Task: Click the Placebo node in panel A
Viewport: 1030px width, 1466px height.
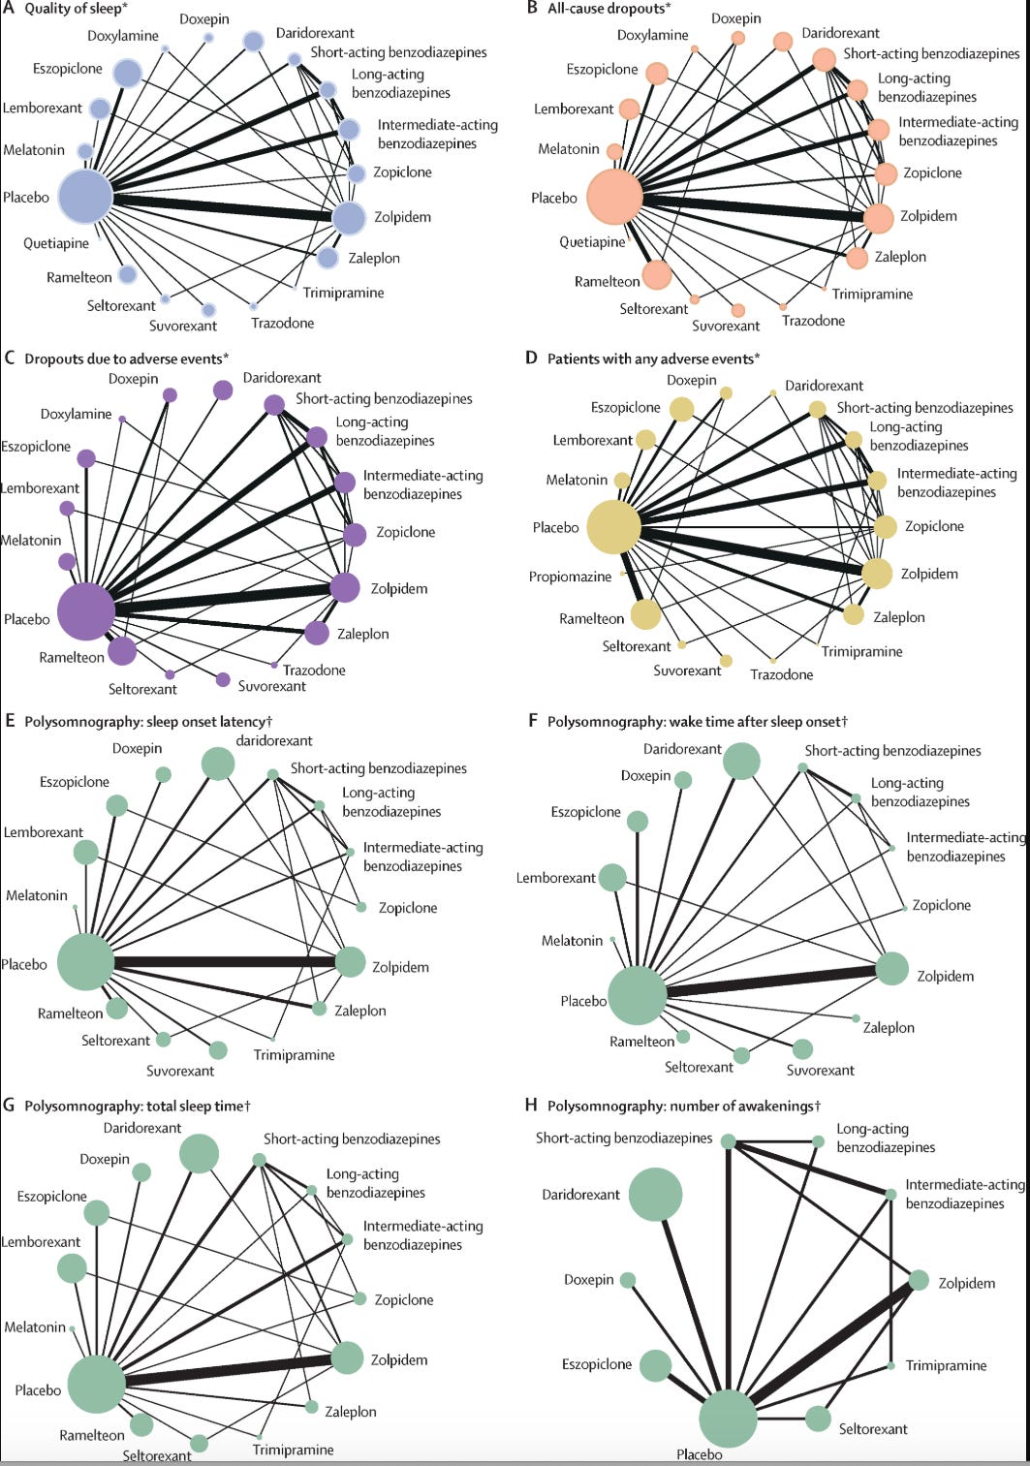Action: (85, 197)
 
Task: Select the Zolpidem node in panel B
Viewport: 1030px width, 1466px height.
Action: (878, 218)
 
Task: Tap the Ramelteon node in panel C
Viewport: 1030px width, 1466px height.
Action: (122, 650)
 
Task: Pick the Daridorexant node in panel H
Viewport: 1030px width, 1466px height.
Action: (655, 1194)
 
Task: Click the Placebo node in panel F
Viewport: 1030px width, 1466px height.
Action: (637, 994)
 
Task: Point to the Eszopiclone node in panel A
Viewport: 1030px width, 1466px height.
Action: (127, 73)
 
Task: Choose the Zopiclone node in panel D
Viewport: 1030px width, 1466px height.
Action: (886, 527)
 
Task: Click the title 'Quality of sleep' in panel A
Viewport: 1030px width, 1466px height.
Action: (73, 9)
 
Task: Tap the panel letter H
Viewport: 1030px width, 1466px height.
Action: (531, 1105)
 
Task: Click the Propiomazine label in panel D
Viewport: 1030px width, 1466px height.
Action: (570, 577)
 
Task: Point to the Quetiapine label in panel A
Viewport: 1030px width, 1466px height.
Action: (56, 243)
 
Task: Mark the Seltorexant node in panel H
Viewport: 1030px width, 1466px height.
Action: (818, 1419)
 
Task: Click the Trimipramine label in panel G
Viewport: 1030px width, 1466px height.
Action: (293, 1450)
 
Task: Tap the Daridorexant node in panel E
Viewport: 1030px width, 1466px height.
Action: (218, 764)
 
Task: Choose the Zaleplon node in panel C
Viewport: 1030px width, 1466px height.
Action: (317, 633)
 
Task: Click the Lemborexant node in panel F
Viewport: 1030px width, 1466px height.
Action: (612, 878)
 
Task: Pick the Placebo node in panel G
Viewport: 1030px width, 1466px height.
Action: (96, 1384)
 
